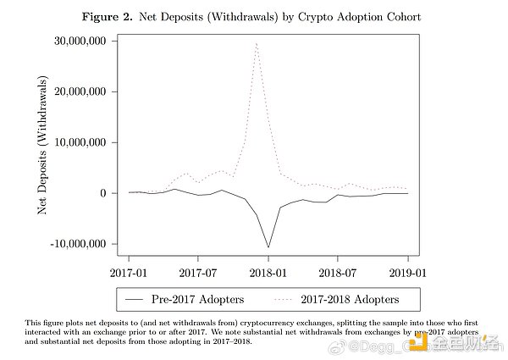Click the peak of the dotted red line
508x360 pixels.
pyautogui.click(x=256, y=42)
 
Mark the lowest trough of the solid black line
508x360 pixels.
pyautogui.click(x=268, y=247)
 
